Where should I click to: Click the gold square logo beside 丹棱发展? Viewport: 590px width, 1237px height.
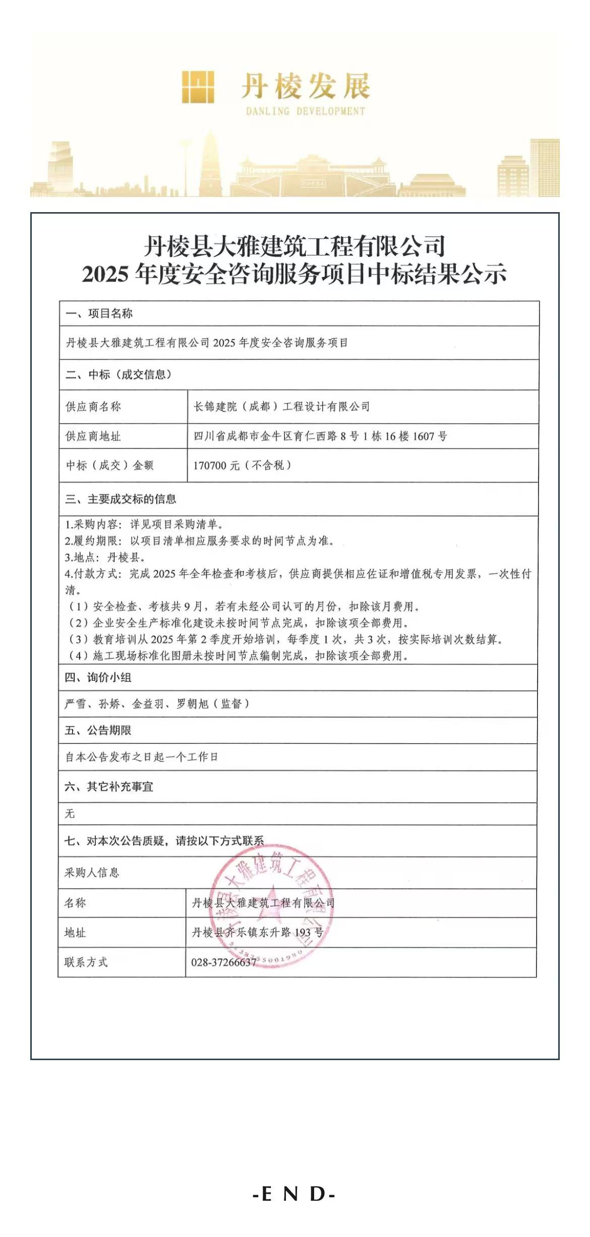point(198,87)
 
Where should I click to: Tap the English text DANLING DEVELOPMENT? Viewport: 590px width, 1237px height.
point(305,111)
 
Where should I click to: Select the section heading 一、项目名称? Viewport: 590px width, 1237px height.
point(99,313)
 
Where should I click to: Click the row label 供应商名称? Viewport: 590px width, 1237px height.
point(93,407)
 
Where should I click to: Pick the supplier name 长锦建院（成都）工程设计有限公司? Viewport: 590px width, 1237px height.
point(281,407)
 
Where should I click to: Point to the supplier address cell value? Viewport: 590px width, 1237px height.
point(320,436)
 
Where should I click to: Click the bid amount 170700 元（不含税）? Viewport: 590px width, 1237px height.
point(242,465)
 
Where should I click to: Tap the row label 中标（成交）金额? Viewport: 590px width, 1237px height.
point(109,465)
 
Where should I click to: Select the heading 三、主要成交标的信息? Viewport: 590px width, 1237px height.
point(121,499)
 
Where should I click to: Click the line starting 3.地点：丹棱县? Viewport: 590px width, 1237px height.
point(105,557)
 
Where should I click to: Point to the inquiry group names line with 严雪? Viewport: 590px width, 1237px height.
point(157,704)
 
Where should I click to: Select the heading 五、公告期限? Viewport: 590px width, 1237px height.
point(98,730)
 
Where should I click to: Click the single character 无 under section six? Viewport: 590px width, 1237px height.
point(70,813)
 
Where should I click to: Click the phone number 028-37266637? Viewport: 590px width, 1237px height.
point(224,962)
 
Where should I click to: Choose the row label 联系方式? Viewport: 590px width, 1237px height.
point(86,962)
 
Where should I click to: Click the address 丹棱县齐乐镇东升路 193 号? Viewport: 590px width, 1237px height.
point(257,932)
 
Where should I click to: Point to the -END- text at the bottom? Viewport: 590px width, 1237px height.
point(294,1194)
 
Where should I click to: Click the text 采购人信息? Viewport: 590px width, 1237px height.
point(92,872)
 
